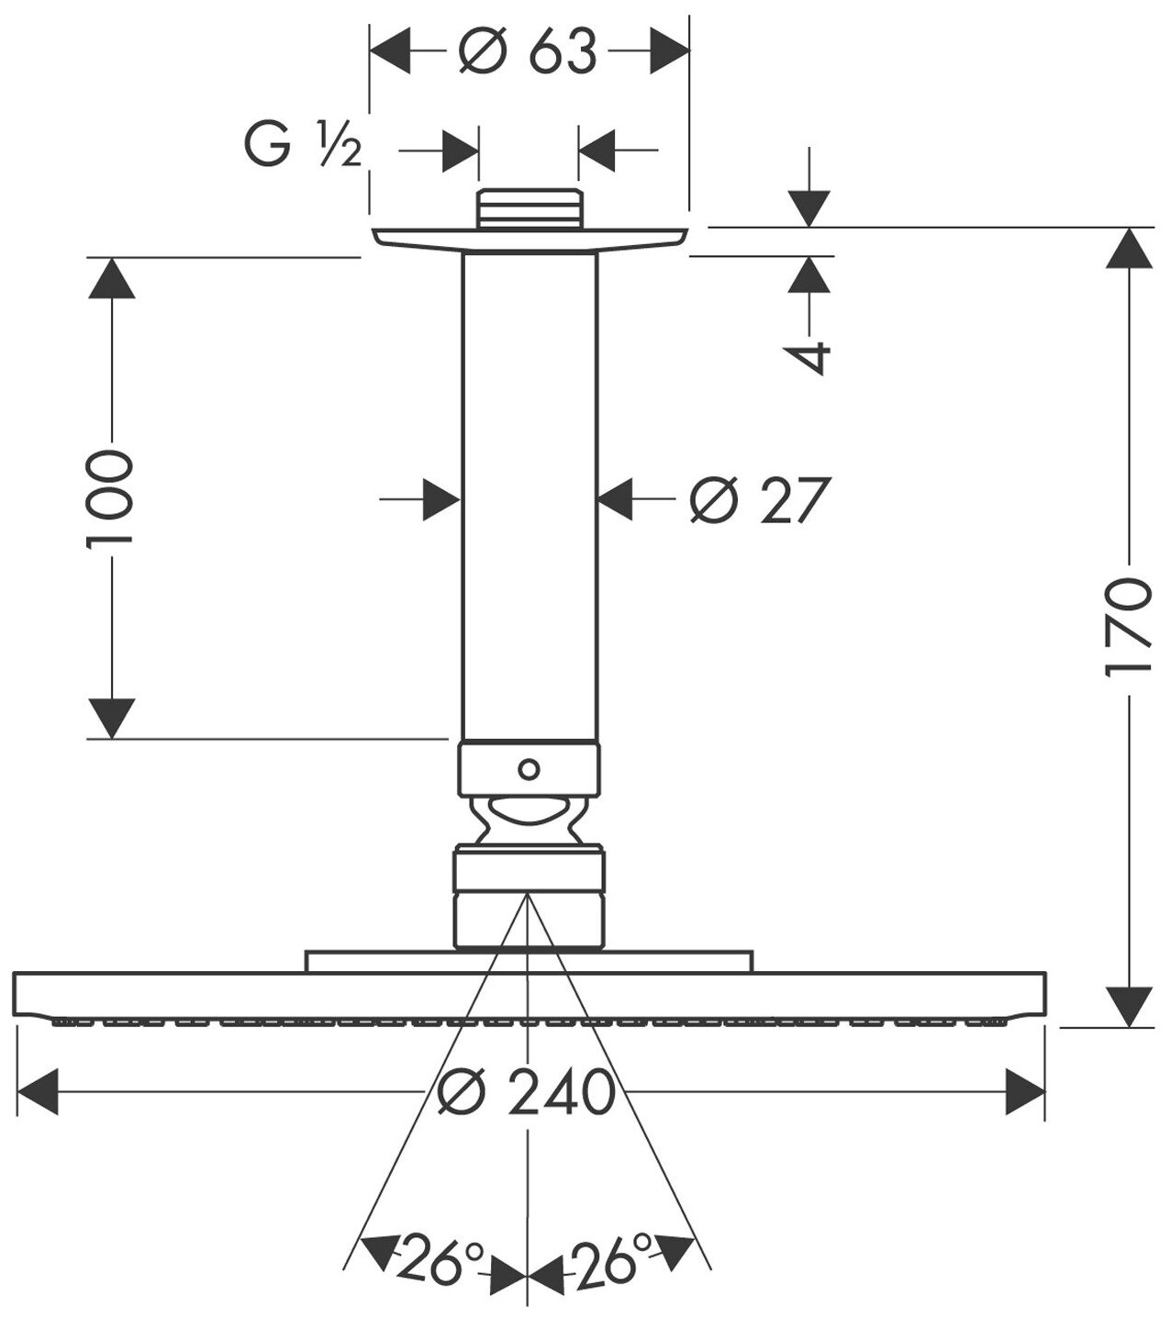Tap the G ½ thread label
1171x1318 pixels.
click(302, 147)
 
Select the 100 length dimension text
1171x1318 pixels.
click(110, 498)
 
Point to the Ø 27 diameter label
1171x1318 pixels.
click(760, 500)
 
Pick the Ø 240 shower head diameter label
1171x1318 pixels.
click(527, 1091)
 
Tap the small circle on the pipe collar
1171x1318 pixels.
click(529, 767)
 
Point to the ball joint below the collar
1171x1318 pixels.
click(529, 818)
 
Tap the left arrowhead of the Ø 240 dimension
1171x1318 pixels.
click(38, 1091)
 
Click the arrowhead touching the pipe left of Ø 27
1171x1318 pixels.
click(441, 500)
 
